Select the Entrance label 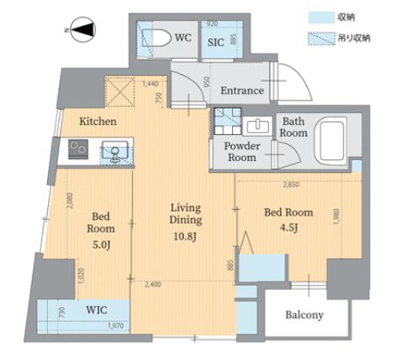(242, 91)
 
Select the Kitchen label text (98, 121)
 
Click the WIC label (97, 309)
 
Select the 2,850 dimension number (292, 185)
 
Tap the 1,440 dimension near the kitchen (151, 84)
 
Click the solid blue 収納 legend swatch (321, 16)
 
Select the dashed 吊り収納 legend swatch (321, 37)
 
